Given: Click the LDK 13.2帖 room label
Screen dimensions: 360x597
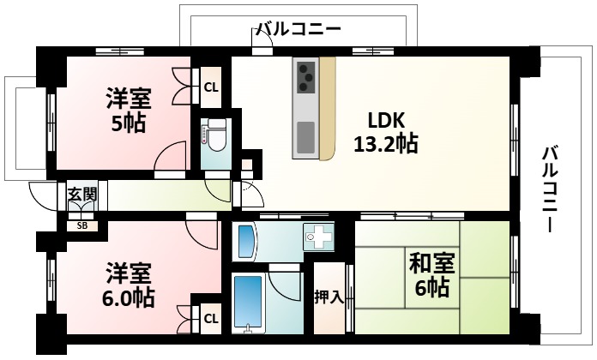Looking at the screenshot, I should pyautogui.click(x=385, y=132).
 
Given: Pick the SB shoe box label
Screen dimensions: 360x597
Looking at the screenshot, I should pyautogui.click(x=82, y=226).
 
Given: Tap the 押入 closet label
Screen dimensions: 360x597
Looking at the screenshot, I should pyautogui.click(x=329, y=297).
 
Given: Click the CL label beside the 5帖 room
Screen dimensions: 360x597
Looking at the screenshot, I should pyautogui.click(x=211, y=86).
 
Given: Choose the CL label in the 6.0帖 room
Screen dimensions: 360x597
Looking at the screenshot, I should pyautogui.click(x=210, y=319).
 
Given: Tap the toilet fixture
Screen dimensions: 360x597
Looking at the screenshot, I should pyautogui.click(x=213, y=135).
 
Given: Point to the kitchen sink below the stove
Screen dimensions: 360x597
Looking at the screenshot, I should pyautogui.click(x=305, y=135).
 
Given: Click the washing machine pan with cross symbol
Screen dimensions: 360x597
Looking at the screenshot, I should pyautogui.click(x=322, y=237).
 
